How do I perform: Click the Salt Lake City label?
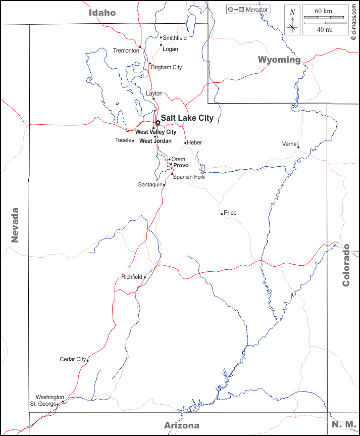click(x=187, y=118)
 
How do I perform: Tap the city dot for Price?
click(x=222, y=214)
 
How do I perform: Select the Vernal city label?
click(x=289, y=144)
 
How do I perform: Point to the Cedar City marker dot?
click(x=87, y=360)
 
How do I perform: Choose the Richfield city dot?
click(x=145, y=277)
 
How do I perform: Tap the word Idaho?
click(x=102, y=13)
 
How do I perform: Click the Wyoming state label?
click(x=279, y=60)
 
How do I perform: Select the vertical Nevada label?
click(x=15, y=225)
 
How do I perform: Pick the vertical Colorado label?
click(x=346, y=265)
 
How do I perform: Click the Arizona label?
click(x=181, y=425)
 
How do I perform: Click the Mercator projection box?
click(x=247, y=10)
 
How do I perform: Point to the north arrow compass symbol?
click(x=292, y=20)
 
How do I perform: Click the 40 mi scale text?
click(x=325, y=29)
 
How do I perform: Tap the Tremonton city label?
click(x=126, y=51)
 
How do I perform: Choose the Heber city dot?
click(x=185, y=143)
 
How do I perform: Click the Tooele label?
click(x=123, y=140)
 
